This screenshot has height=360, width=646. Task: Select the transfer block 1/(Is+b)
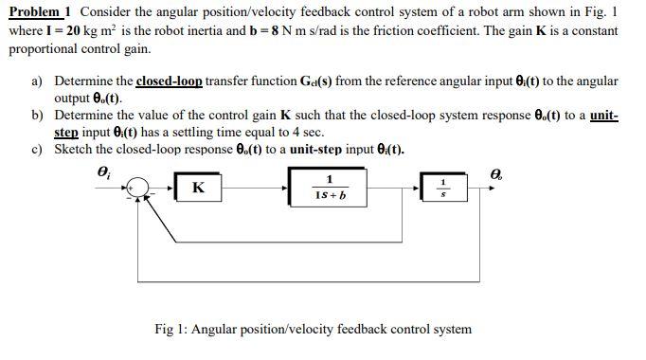[x=328, y=188]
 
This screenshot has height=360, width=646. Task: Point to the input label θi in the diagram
[x=103, y=171]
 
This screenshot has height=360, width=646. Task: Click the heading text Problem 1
[x=40, y=11]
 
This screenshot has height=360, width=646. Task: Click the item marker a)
[x=37, y=82]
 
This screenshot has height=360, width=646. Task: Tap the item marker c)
[x=37, y=150]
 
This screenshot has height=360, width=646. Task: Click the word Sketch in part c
[x=74, y=150]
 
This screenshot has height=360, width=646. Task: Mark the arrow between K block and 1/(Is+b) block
[x=256, y=189]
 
